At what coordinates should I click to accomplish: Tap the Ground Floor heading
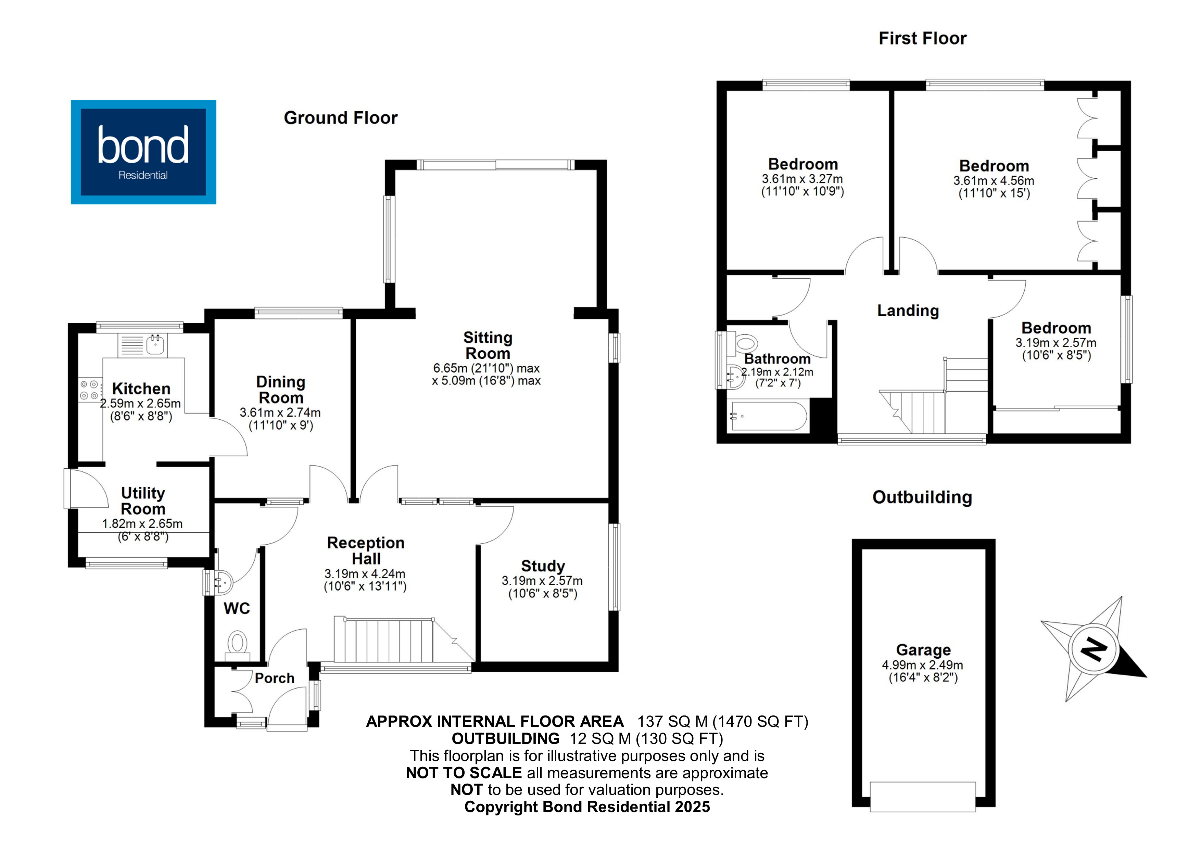coord(341,118)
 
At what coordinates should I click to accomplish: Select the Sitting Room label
coord(488,345)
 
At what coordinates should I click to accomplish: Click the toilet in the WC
coord(238,643)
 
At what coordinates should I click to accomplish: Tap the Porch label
coord(275,679)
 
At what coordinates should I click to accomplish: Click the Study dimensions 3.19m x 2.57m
coord(542,581)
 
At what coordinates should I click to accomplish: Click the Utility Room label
coord(143,500)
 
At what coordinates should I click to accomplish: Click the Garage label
coord(923,650)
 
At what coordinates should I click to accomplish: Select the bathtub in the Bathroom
coord(769,416)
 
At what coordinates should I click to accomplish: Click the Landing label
coord(908,311)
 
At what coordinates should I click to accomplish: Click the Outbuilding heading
coord(922,497)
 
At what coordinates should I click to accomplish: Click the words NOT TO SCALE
coord(464,773)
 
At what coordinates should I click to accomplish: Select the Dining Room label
coord(281,390)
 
